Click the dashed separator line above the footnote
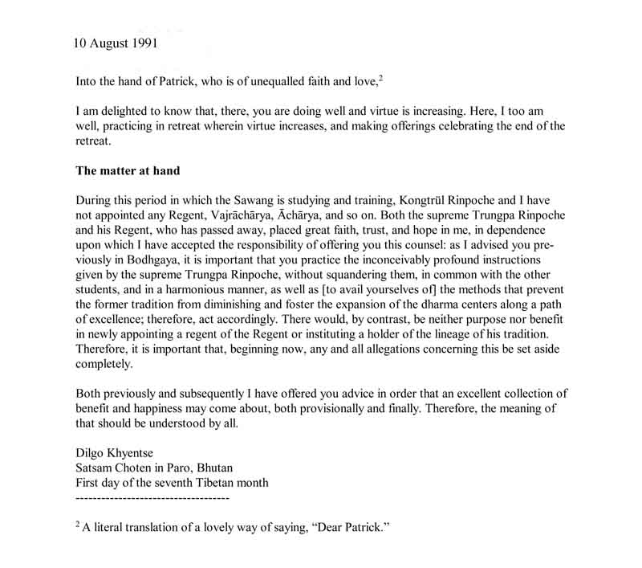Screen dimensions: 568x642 (x=152, y=498)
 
